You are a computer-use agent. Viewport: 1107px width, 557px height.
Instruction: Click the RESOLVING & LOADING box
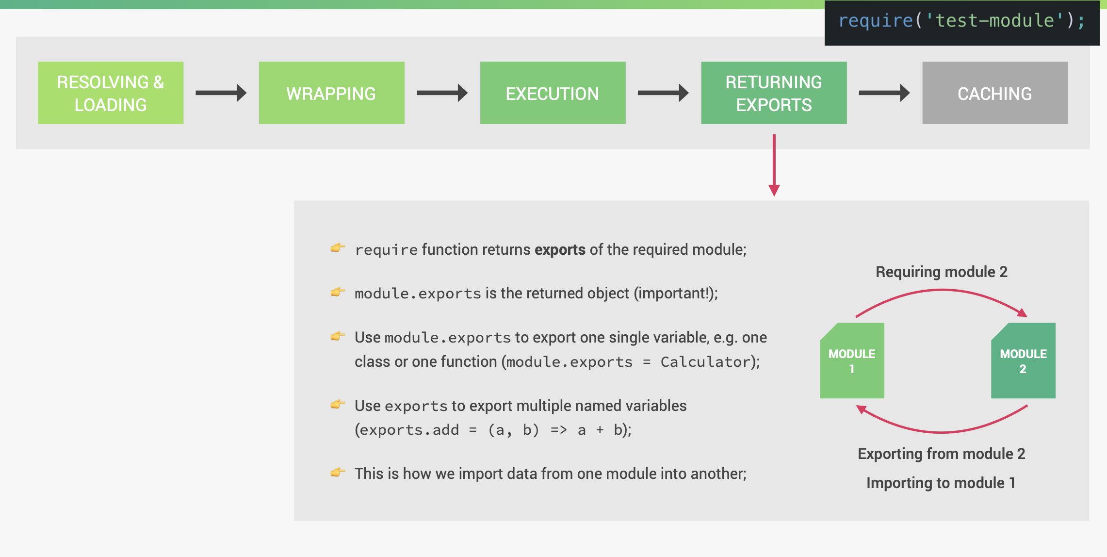click(111, 93)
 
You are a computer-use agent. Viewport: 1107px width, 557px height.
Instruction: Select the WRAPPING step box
click(331, 93)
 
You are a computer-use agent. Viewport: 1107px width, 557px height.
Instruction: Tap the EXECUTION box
click(553, 93)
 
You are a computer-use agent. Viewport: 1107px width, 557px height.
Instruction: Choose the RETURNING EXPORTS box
click(774, 93)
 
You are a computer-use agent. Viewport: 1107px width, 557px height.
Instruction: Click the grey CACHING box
click(994, 93)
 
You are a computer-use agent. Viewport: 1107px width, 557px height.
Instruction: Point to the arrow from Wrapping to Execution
click(442, 93)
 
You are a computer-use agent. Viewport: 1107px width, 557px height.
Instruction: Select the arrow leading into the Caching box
click(884, 93)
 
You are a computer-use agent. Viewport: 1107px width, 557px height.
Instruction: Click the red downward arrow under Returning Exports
click(774, 165)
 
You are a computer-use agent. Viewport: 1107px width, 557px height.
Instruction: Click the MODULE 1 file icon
click(852, 361)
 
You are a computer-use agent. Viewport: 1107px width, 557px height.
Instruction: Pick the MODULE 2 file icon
click(1023, 361)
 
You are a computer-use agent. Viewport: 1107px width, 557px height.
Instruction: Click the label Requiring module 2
click(941, 272)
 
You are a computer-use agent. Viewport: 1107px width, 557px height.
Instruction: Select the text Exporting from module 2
click(941, 454)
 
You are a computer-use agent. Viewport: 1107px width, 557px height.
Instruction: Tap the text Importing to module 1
click(941, 483)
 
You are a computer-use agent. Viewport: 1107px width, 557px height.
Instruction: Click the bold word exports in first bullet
click(560, 249)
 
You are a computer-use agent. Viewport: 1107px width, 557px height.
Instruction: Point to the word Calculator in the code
click(705, 362)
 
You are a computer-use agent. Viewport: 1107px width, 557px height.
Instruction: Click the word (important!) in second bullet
click(675, 293)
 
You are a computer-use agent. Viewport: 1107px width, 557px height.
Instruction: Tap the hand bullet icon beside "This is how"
click(338, 472)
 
